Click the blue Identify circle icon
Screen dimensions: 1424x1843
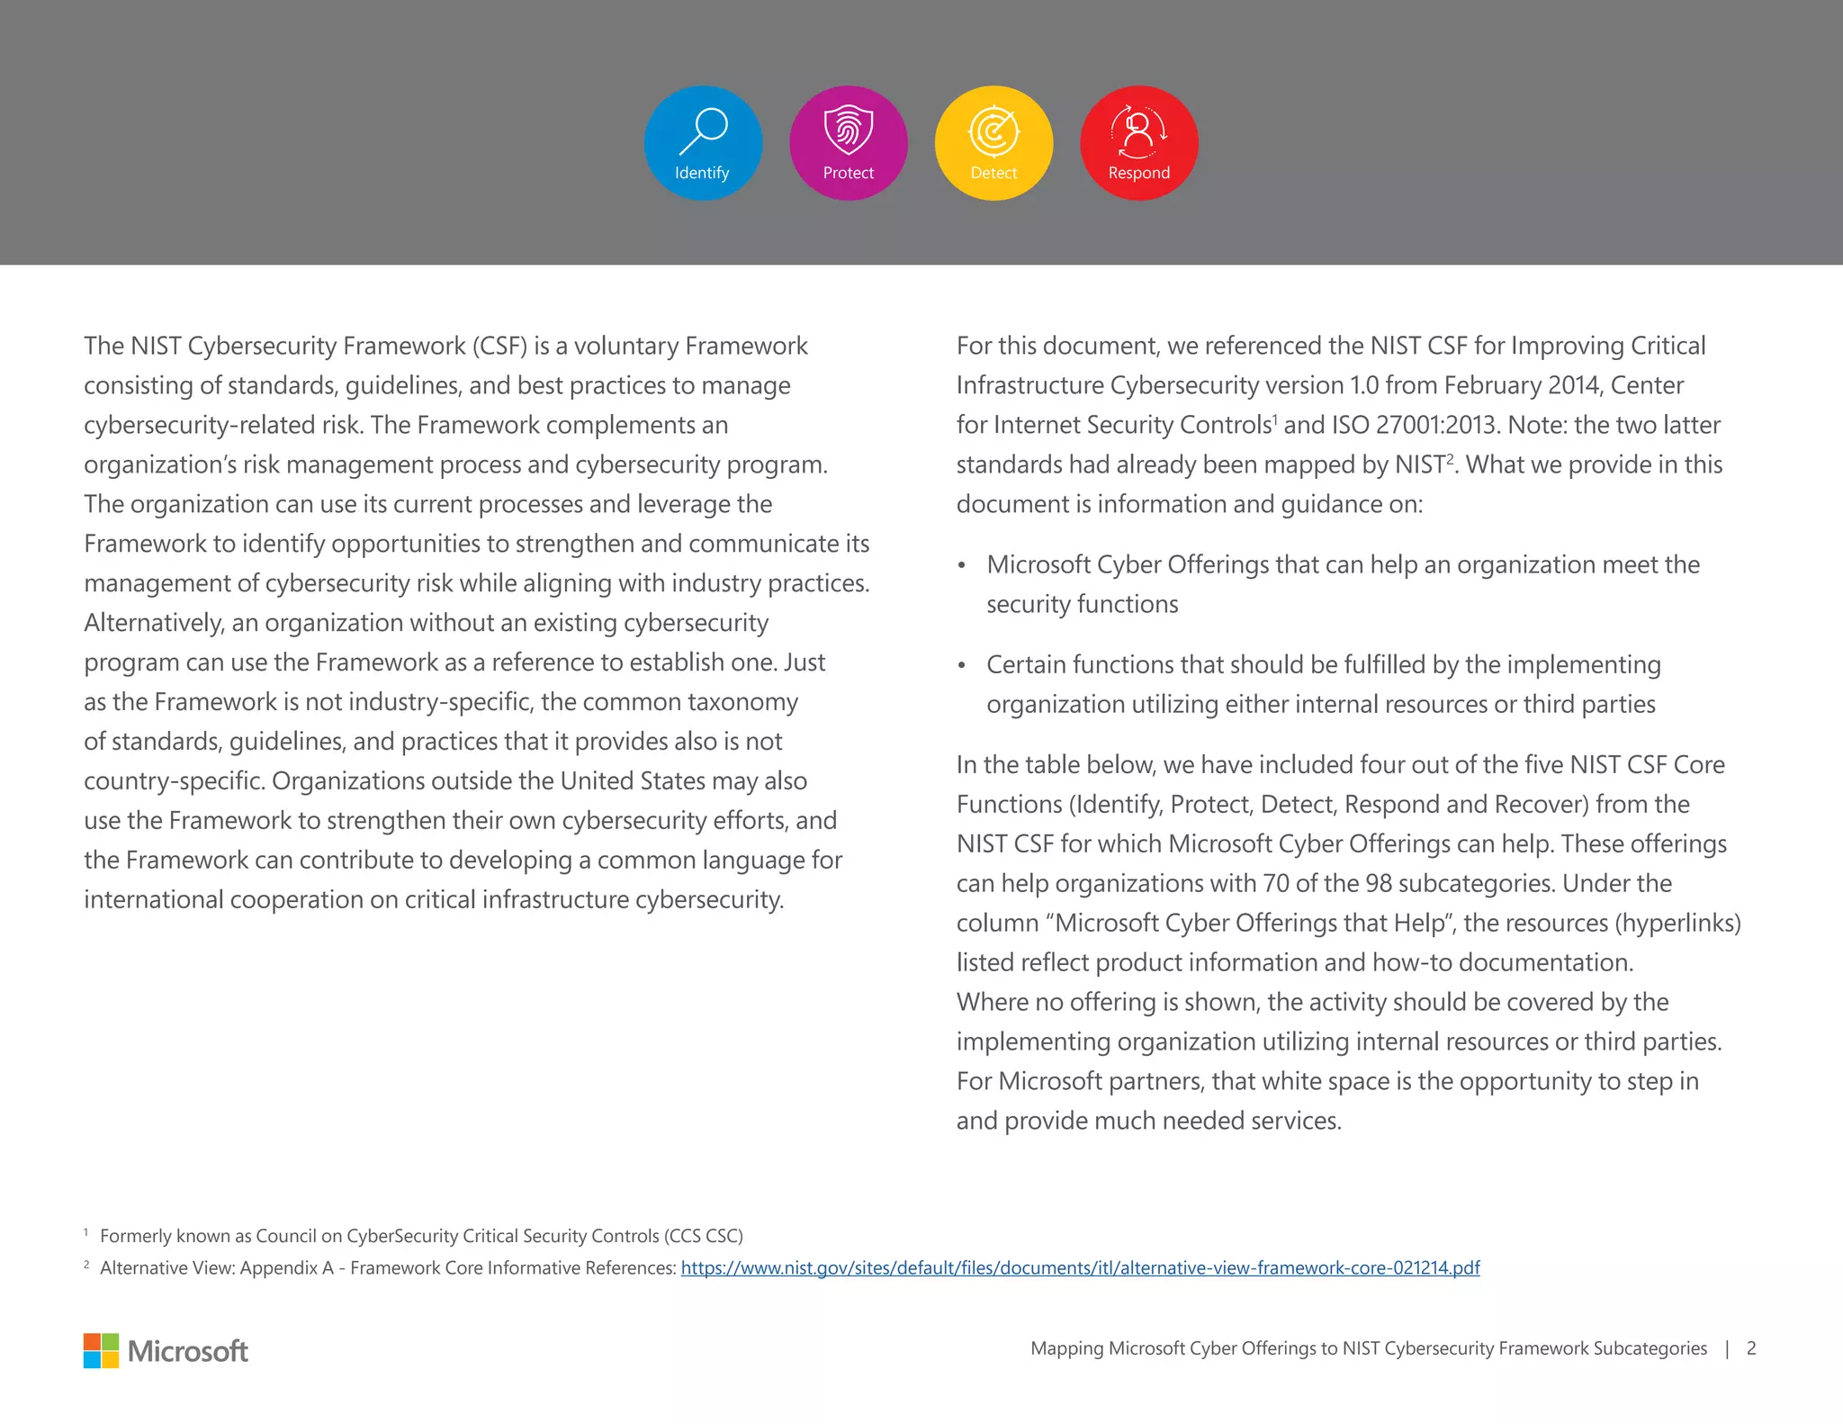point(703,142)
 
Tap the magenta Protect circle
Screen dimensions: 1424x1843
point(848,142)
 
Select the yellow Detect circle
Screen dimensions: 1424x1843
point(993,142)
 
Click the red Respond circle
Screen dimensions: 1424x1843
point(1138,142)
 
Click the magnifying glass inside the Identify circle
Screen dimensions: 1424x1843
point(704,130)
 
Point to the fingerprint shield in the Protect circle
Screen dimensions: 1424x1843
point(849,129)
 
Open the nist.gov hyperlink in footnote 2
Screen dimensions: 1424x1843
point(1080,1268)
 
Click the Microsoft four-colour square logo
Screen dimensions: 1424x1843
point(101,1350)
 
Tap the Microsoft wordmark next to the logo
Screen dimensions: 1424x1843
point(187,1351)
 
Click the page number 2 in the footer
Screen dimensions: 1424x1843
point(1750,1348)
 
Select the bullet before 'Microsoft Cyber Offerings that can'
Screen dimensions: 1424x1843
point(961,566)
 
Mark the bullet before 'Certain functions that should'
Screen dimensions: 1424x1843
point(961,666)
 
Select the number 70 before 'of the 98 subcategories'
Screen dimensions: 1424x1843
point(1275,883)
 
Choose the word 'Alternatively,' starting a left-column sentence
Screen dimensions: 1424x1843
point(153,623)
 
